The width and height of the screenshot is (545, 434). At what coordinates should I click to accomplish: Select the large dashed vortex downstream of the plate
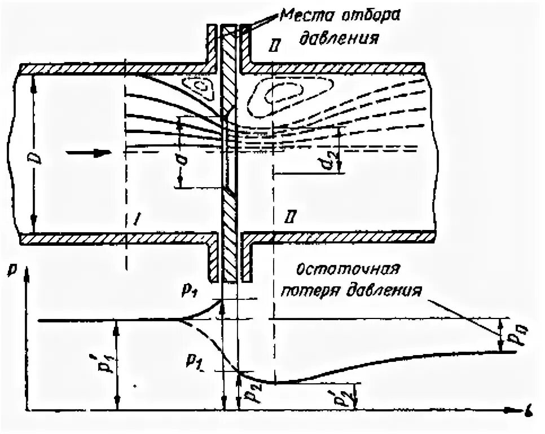pos(282,91)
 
